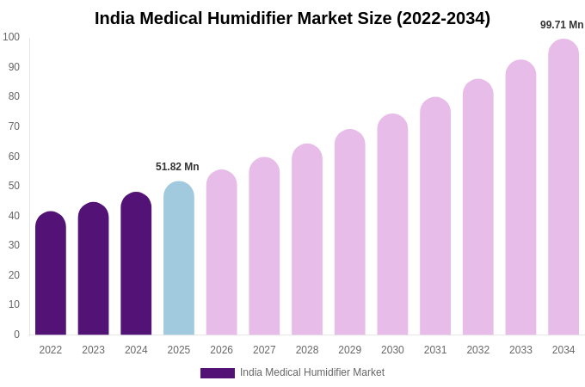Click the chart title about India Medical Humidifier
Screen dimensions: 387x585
click(x=292, y=18)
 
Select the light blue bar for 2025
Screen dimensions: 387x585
click(x=179, y=258)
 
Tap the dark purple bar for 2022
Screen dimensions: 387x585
click(x=51, y=273)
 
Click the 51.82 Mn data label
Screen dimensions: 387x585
click(x=177, y=167)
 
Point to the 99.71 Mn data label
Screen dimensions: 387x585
click(x=562, y=25)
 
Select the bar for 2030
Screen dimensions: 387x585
click(x=392, y=224)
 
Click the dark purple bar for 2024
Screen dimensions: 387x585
click(x=136, y=263)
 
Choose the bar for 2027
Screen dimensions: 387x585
click(x=264, y=246)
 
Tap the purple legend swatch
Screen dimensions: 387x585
click(x=217, y=373)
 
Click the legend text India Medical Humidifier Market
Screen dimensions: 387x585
click(x=312, y=372)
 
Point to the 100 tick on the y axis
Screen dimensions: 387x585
click(x=11, y=37)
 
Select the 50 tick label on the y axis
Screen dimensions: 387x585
click(x=14, y=186)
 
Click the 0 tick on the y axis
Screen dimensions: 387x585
click(x=16, y=335)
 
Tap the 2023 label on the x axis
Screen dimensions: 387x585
click(x=93, y=350)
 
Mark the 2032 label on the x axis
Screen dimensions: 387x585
click(x=477, y=350)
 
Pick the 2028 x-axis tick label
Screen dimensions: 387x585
click(x=307, y=350)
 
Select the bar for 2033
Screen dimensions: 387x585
click(x=520, y=198)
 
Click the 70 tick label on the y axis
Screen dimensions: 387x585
click(x=14, y=126)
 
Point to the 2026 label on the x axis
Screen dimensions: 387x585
click(x=221, y=350)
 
